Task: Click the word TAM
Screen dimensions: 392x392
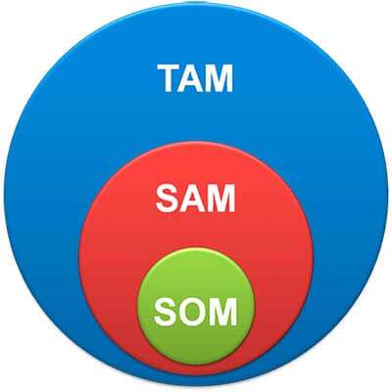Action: [x=195, y=78]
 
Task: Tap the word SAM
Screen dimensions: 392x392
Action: [x=196, y=198]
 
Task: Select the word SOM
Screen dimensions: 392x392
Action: [x=196, y=312]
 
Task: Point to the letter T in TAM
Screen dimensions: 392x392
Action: [x=170, y=78]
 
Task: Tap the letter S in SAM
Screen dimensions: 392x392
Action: [x=168, y=198]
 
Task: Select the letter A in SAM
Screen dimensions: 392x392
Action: [x=193, y=198]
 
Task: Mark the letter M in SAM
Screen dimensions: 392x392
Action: [x=222, y=198]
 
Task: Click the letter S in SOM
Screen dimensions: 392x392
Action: [x=166, y=312]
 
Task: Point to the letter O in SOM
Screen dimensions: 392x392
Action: [x=193, y=312]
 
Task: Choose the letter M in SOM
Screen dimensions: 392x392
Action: [x=224, y=312]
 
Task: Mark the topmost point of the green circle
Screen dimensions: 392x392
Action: [x=196, y=248]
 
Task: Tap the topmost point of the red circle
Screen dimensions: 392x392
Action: [x=196, y=142]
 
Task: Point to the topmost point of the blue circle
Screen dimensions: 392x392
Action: [x=196, y=3]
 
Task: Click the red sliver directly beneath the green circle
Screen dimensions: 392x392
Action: [x=196, y=370]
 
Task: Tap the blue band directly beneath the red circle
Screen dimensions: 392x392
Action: [x=196, y=381]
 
